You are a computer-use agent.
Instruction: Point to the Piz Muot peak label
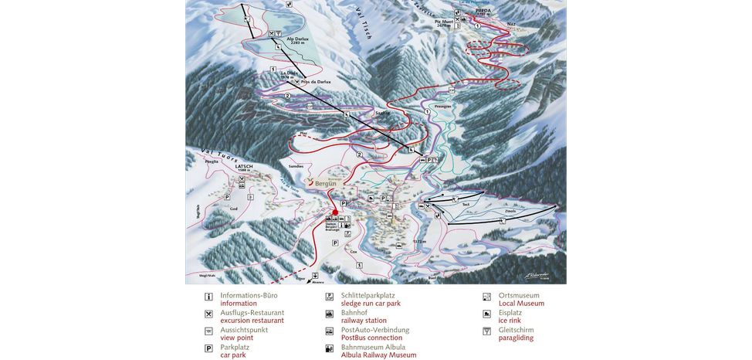[x=445, y=22]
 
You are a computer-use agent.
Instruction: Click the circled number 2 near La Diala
[x=287, y=95]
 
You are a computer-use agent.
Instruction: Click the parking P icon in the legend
[x=208, y=348]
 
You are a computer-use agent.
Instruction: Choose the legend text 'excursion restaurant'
[x=252, y=320]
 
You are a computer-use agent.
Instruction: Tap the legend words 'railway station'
[x=364, y=320]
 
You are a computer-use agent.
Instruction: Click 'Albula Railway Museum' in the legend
[x=378, y=355]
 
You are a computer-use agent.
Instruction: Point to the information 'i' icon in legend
[x=208, y=297]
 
